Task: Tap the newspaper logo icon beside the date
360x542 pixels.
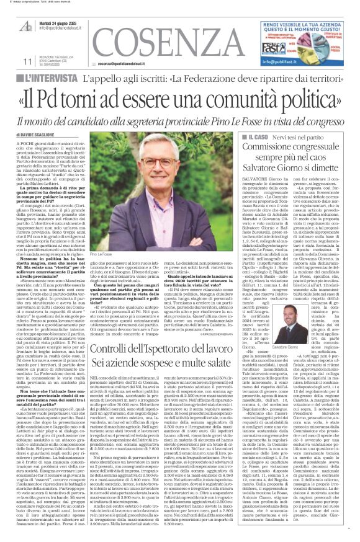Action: pos(27,26)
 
